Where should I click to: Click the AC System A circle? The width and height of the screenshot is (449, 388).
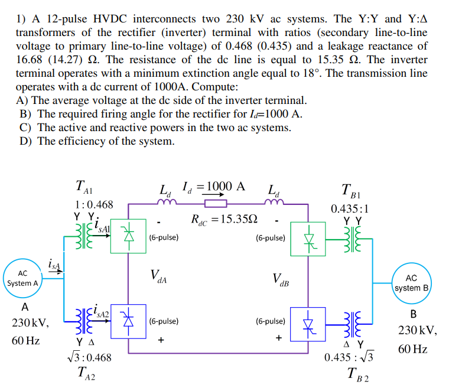coord(23,278)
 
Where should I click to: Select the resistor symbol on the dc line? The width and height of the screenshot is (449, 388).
coord(215,204)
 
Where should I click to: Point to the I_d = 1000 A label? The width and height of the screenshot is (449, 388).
coord(212,187)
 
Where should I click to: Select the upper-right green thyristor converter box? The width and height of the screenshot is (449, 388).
coord(308,239)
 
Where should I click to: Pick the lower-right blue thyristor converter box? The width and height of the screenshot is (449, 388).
coord(308,323)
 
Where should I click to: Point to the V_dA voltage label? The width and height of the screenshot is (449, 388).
coord(158,276)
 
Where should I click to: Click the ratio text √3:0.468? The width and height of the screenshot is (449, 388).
coord(88,357)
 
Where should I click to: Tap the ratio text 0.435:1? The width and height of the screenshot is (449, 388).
coord(350,208)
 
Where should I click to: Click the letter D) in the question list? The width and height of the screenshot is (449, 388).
coord(26,141)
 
